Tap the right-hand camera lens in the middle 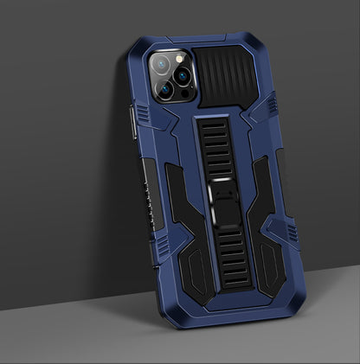pos(183,75)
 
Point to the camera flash pos(179,59)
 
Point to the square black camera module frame pos(170,76)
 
